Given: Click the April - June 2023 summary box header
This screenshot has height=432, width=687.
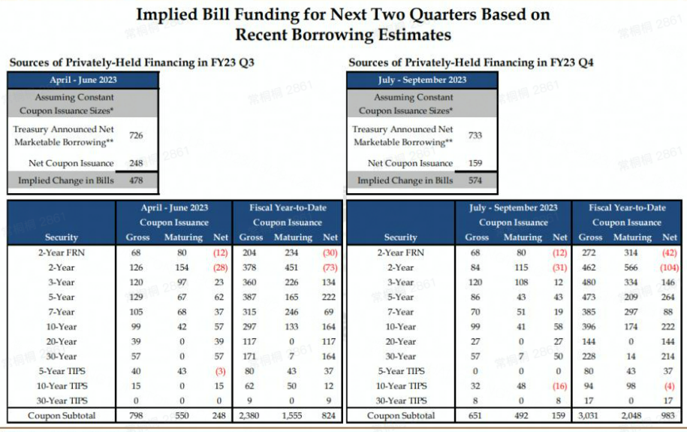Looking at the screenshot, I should click(83, 80).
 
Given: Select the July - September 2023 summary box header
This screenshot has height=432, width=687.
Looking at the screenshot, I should click(422, 80).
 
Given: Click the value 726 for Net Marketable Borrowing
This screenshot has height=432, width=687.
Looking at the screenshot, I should click(135, 136).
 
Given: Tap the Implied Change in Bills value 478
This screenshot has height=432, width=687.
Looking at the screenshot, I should click(135, 180).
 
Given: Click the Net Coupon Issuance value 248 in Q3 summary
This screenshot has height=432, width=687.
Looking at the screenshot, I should click(135, 163).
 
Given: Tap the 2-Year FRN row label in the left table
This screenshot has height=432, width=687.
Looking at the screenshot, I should click(62, 252).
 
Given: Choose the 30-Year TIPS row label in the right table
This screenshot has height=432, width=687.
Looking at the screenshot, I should click(400, 400).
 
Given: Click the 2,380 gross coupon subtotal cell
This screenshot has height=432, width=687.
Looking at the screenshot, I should click(252, 415).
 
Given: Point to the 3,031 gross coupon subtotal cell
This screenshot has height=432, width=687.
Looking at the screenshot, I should click(590, 415).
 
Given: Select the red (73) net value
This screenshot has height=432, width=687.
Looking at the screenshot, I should click(330, 267).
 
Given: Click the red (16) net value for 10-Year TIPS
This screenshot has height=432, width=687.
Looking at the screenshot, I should click(560, 386).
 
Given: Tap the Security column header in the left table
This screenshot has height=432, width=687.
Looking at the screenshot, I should click(62, 237).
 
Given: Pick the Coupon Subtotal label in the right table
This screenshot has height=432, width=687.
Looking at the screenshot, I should click(400, 415).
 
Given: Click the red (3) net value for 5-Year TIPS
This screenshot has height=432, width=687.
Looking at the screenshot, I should click(221, 371).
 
